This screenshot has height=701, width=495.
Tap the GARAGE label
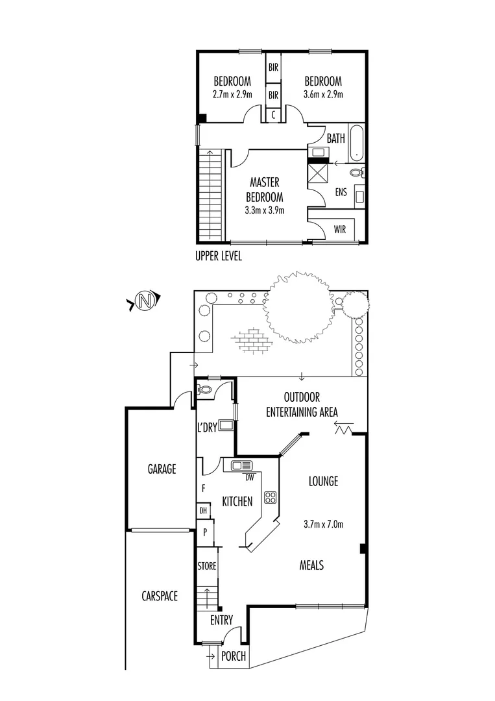(162, 469)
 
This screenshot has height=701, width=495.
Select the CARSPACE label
(160, 596)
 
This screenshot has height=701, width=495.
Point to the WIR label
(339, 230)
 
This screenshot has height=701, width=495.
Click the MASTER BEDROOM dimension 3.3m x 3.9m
(265, 210)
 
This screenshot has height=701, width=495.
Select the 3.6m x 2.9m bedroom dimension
(323, 94)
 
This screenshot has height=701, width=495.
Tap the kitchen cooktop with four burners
(270, 498)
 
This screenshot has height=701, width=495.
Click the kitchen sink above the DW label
(242, 465)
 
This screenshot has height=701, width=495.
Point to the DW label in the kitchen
(249, 478)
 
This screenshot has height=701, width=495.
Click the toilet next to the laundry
(204, 389)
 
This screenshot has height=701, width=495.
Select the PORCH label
(234, 656)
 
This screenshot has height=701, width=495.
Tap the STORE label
(206, 567)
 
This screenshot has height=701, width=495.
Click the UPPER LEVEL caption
(219, 256)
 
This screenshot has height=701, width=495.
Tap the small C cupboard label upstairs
(274, 115)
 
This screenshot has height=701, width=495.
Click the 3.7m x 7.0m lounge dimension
(322, 524)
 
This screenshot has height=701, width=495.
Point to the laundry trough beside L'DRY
(226, 426)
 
